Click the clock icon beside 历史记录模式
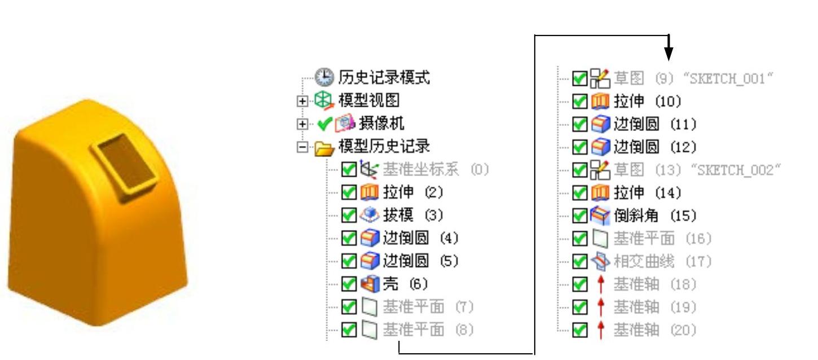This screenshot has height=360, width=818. coord(324,77)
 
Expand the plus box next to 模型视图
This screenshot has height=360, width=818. coord(303,101)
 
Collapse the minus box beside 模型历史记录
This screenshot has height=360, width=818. coord(303,147)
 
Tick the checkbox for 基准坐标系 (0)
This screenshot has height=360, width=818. coord(349,169)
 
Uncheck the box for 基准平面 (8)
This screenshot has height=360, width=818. coord(349,330)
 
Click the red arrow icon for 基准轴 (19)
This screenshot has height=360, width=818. coord(601,307)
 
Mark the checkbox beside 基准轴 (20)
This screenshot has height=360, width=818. coord(579,330)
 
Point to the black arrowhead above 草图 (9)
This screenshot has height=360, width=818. coord(669,54)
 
